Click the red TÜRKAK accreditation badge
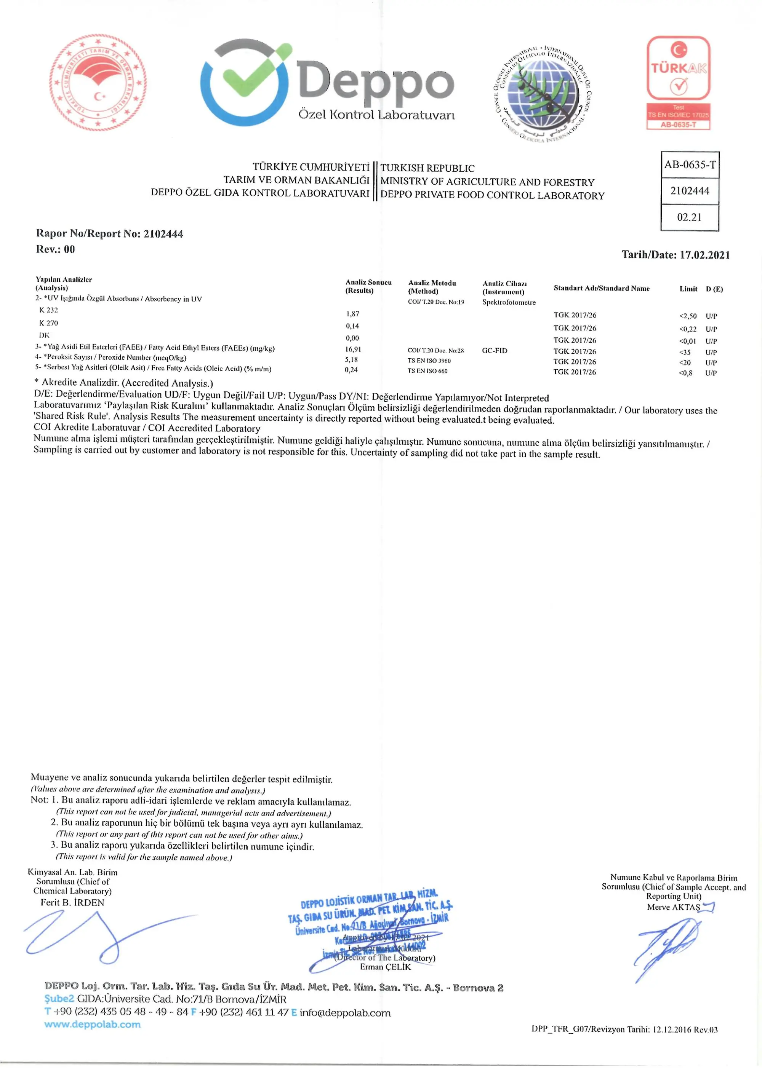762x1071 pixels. tap(679, 83)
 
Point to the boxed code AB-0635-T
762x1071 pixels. tap(690, 164)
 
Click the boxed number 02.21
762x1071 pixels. tap(689, 217)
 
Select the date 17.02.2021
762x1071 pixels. tap(704, 255)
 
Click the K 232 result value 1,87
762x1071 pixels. tap(352, 314)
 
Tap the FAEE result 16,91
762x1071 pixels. tap(353, 350)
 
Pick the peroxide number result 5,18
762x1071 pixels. tap(351, 360)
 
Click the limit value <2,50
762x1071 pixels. tap(687, 316)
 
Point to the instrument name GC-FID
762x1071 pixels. tap(495, 351)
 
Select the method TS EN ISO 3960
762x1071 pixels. tap(429, 361)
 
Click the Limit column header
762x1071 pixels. tap(688, 289)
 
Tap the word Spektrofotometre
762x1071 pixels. tap(509, 302)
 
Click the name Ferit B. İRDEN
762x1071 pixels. tap(72, 903)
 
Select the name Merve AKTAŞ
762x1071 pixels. tap(673, 907)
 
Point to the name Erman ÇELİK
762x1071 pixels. tap(385, 967)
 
